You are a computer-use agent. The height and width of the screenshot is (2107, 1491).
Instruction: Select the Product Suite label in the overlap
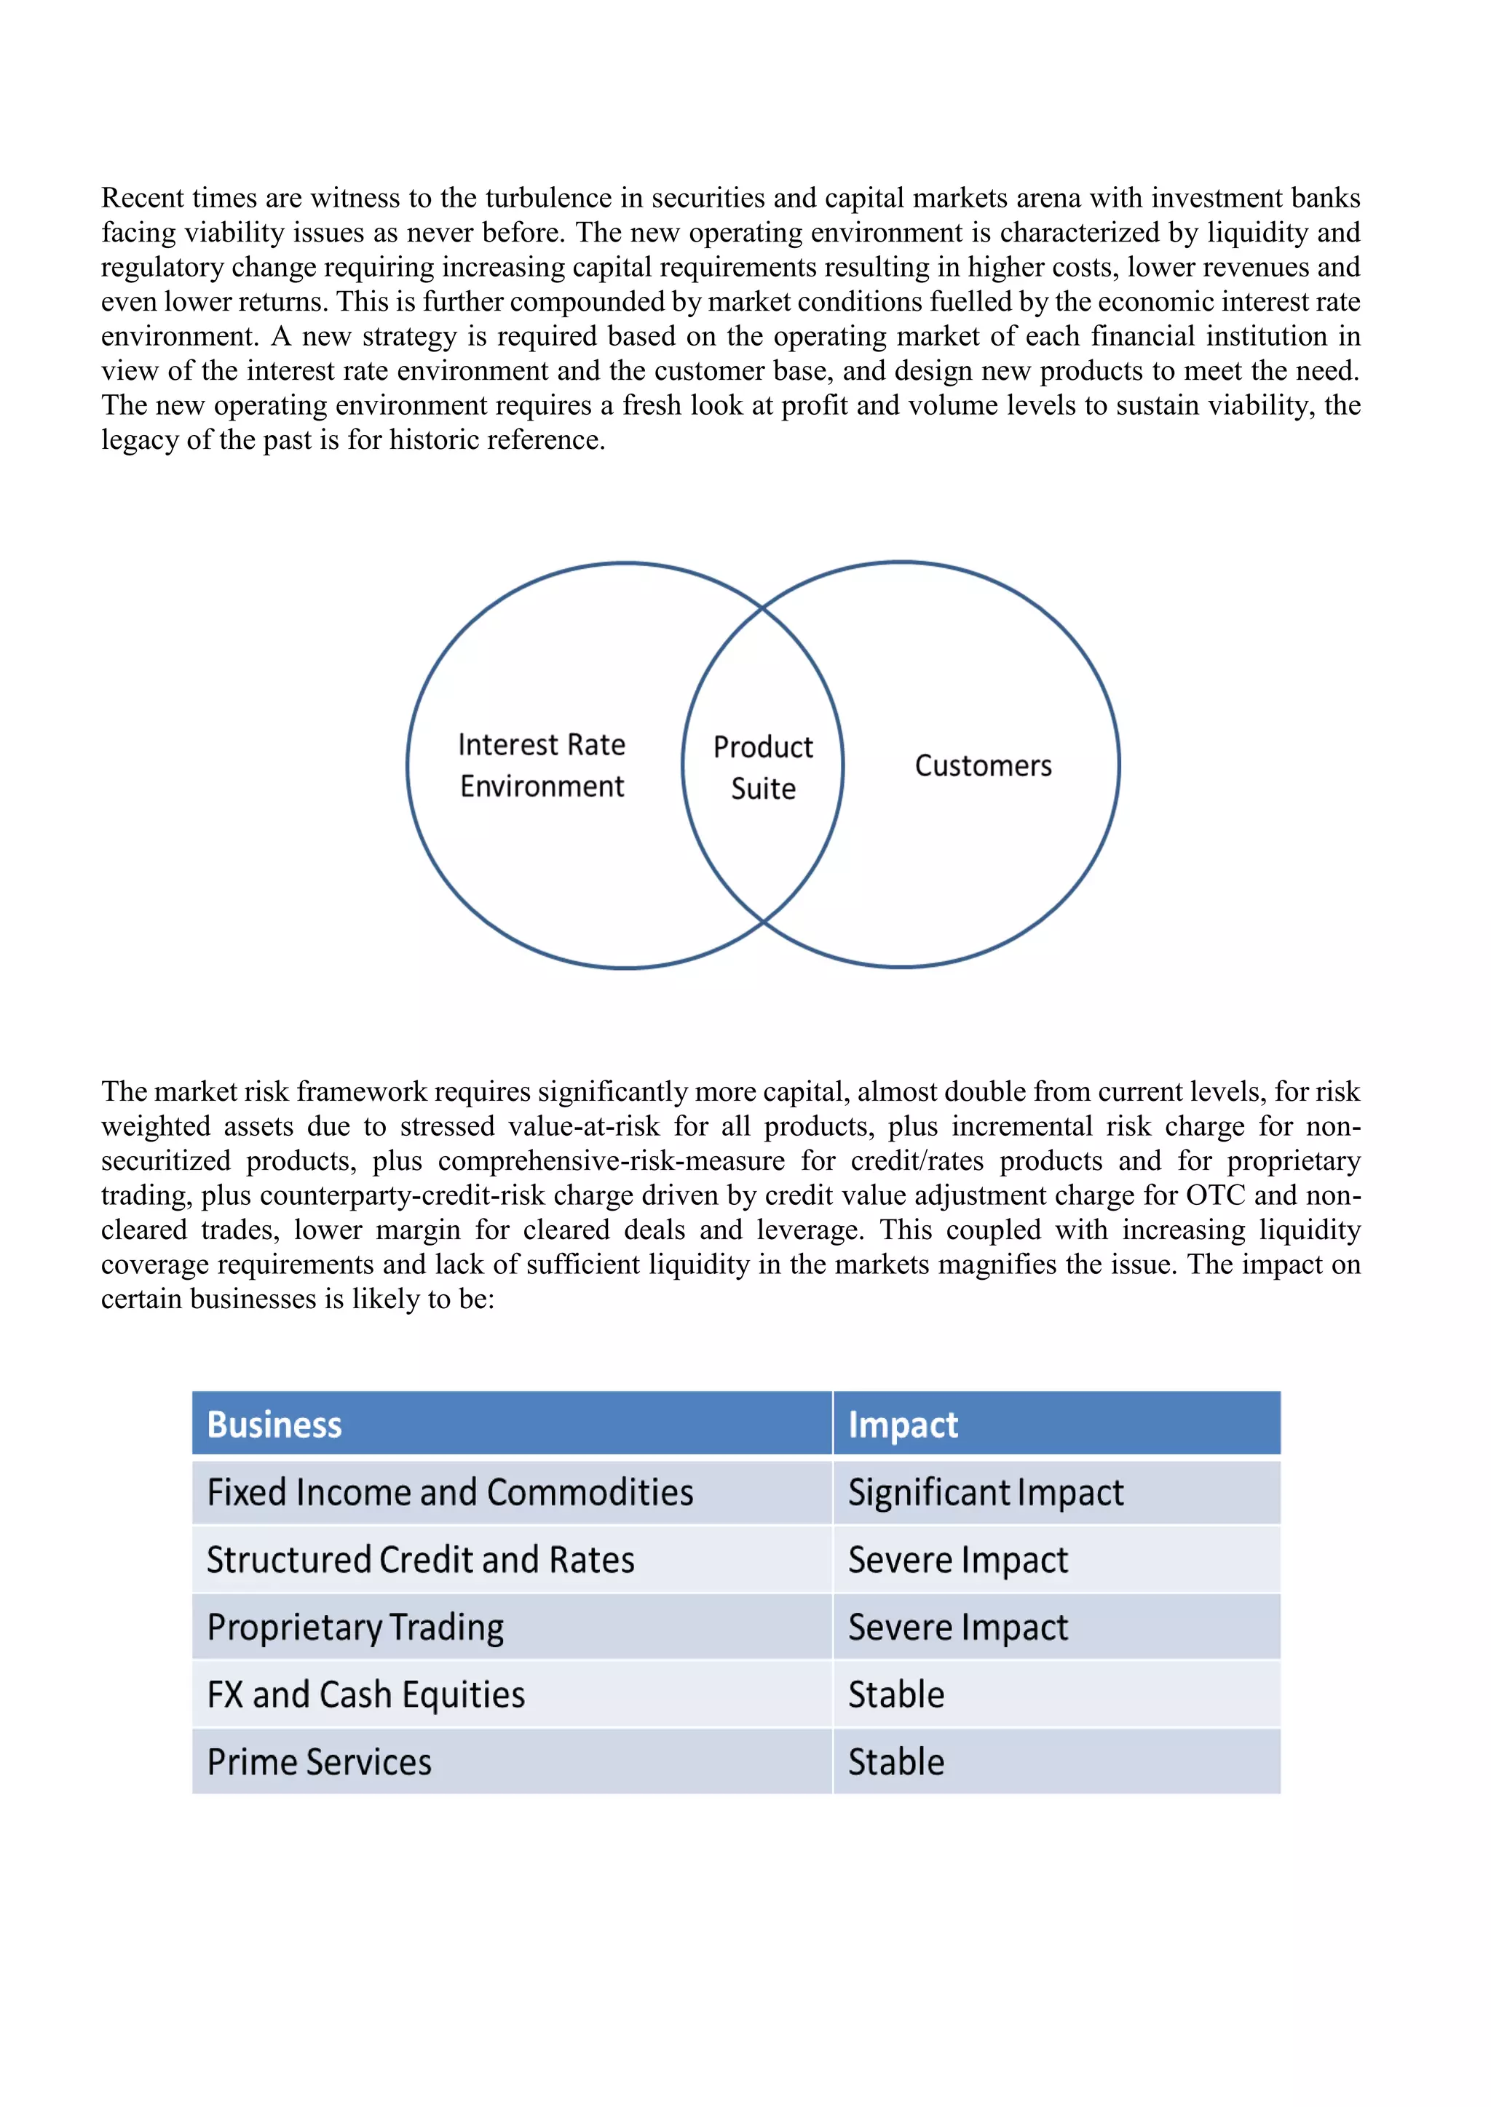(763, 767)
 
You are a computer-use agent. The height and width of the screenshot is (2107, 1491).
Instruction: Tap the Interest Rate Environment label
(542, 765)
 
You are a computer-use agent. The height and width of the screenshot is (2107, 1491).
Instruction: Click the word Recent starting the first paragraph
(143, 198)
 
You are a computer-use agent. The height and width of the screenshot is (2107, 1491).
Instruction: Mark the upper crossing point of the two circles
(763, 608)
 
